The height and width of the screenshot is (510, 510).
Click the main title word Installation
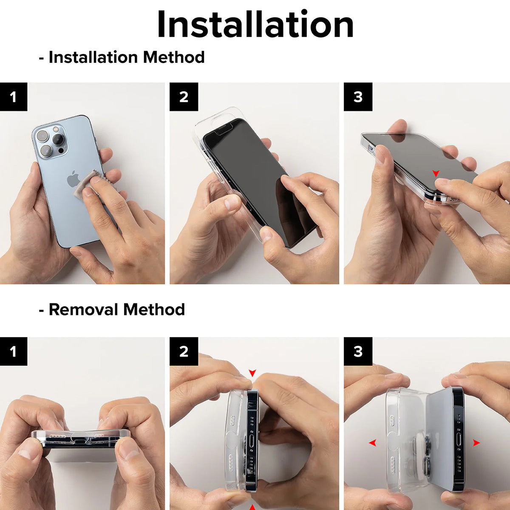point(255,24)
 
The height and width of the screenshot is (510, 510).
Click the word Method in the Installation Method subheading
point(174,57)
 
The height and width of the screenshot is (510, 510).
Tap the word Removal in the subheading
point(83,309)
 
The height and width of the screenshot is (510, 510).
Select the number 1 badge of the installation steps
point(14,97)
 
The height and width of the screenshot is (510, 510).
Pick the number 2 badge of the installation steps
point(184,97)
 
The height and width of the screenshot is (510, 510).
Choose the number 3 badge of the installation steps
point(358,97)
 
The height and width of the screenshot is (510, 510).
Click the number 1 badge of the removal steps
point(14,351)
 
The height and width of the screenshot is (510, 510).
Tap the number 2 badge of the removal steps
point(184,351)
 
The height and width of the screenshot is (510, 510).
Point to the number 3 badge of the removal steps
point(358,351)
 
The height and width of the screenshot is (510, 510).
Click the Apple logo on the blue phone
point(73,179)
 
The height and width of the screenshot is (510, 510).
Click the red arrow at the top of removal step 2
point(252,373)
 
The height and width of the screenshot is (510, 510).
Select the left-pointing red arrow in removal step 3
point(373,442)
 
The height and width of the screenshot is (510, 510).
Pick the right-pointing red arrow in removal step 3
point(476,442)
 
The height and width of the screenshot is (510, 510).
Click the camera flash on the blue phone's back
point(56,129)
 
